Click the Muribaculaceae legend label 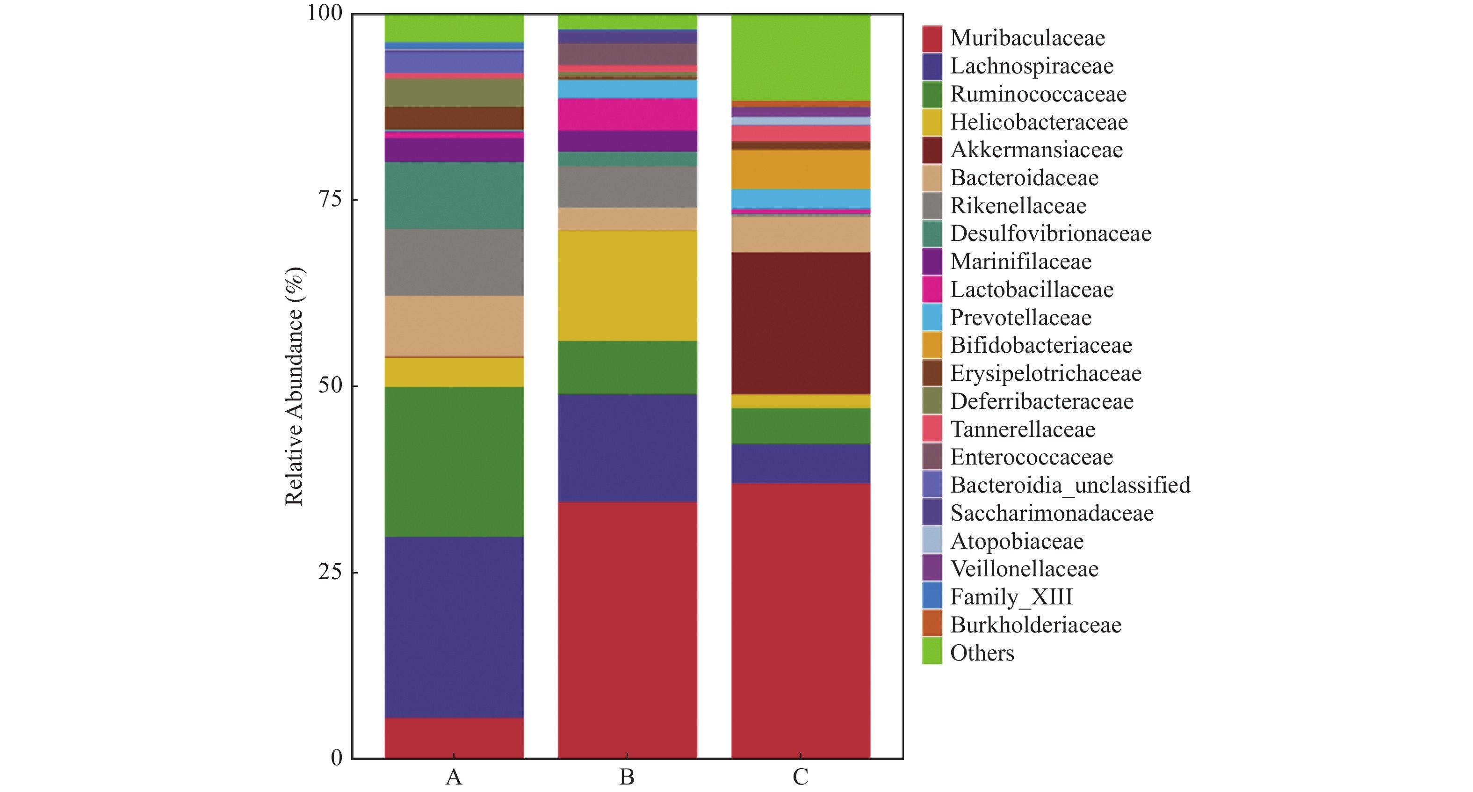(1027, 38)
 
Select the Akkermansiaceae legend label (1036, 150)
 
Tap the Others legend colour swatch (931, 652)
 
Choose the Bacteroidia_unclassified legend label (1070, 485)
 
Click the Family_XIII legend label (1011, 597)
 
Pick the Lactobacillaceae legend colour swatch (931, 290)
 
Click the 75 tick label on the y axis (330, 199)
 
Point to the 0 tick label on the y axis (336, 758)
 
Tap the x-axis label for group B (627, 777)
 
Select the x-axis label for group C (800, 777)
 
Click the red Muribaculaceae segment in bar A (454, 738)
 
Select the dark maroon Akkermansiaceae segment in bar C (801, 323)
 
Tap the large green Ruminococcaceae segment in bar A (454, 461)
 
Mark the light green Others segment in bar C (801, 57)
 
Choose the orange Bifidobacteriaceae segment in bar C (801, 169)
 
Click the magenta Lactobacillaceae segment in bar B (627, 115)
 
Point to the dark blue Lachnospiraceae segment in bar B (627, 448)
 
